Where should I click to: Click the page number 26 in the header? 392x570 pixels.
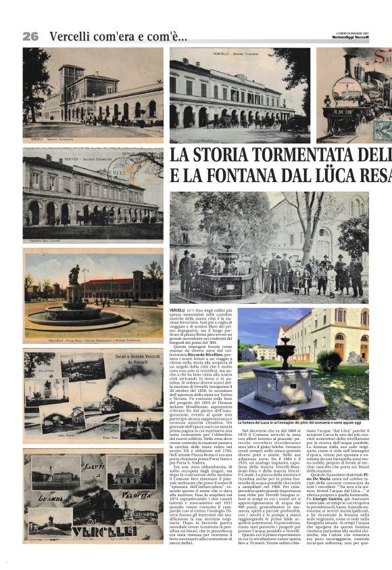pyautogui.click(x=30, y=36)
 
